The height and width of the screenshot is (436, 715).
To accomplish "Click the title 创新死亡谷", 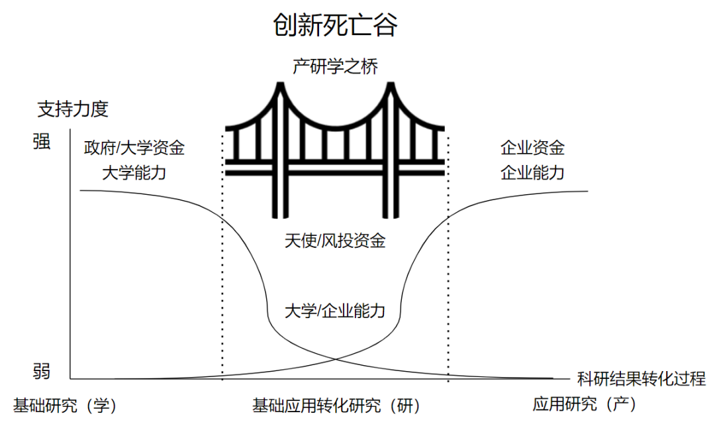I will pos(336,25).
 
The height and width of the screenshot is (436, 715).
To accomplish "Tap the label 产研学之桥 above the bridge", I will pos(336,66).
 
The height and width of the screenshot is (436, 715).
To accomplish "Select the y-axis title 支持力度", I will pos(73,109).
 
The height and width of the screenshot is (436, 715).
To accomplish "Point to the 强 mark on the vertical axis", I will pos(41,142).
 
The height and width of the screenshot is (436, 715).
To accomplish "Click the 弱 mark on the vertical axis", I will pos(41,370).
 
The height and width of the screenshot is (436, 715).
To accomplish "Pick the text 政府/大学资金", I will pos(134,147).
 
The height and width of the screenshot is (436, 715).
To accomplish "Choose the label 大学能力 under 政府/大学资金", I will pos(134,173).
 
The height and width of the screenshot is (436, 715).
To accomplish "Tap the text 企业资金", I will pos(532,147).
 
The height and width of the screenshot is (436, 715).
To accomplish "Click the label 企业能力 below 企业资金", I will pos(532,173).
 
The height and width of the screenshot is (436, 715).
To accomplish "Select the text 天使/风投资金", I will pos(335,241).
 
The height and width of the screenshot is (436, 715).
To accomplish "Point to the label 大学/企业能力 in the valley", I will pos(335,310).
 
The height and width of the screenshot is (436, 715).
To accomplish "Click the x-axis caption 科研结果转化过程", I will pos(642,379).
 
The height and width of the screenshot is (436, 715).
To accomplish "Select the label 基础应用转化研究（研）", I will pos(336,406).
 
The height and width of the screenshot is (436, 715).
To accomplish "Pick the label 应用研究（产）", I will pos(584,404).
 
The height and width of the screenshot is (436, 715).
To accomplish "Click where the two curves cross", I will pos(336,359).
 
